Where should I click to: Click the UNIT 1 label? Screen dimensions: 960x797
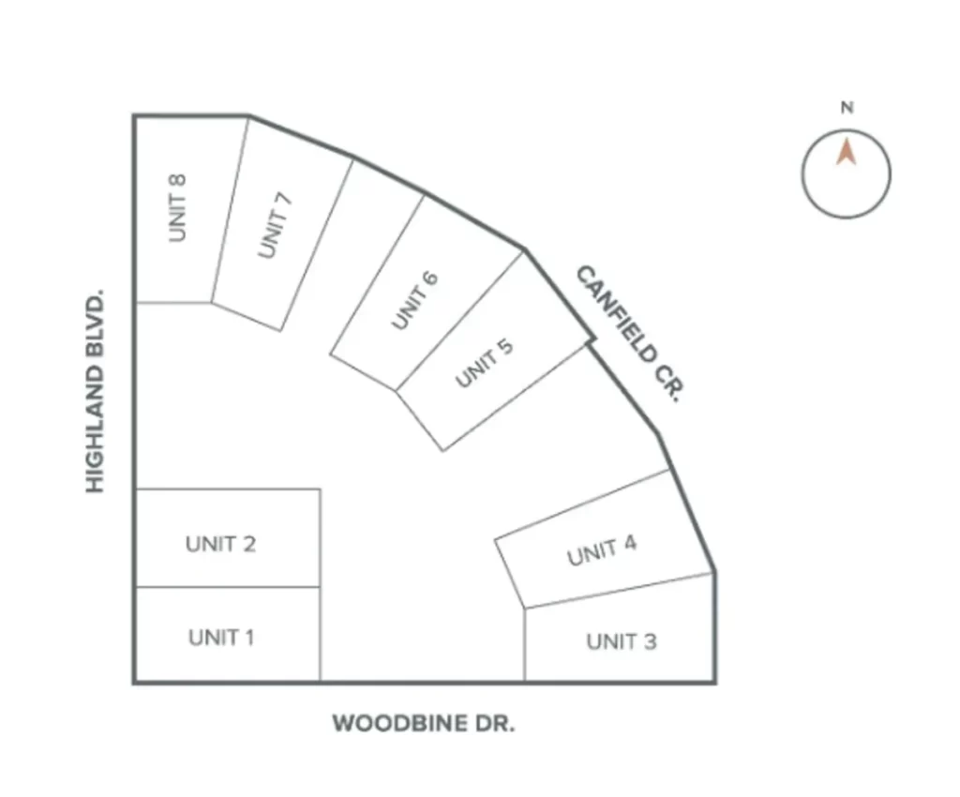click(221, 638)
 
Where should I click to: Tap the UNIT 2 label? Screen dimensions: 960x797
click(220, 544)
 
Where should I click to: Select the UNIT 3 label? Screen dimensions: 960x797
click(622, 641)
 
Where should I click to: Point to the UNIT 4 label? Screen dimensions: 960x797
click(601, 550)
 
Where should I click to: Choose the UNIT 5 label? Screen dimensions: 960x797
click(484, 363)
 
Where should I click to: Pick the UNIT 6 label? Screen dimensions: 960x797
click(414, 300)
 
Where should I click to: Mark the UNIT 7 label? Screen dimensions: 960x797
click(275, 225)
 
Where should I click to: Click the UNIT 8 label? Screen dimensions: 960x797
click(177, 208)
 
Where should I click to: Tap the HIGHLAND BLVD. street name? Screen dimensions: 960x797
click(95, 391)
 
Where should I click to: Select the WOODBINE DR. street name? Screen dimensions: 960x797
click(424, 724)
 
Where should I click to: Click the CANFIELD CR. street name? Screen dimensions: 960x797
click(628, 334)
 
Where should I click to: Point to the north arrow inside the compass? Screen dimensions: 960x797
click(847, 153)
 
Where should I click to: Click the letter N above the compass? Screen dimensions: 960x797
click(847, 108)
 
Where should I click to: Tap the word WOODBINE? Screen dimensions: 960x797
click(399, 724)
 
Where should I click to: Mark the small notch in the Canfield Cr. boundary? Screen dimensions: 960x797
click(592, 339)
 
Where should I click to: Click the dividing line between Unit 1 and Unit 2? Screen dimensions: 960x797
click(227, 587)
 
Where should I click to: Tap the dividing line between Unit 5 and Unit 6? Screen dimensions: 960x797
click(459, 321)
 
